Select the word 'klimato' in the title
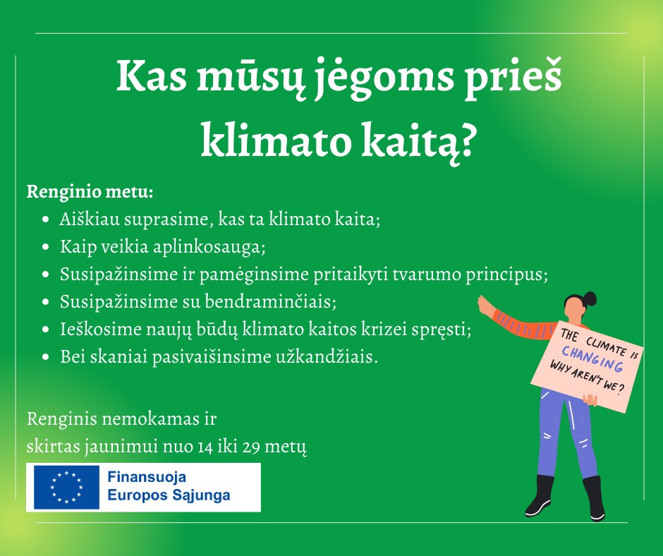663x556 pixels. (x=276, y=140)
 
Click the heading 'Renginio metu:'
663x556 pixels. (x=90, y=193)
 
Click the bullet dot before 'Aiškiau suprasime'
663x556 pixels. (x=46, y=220)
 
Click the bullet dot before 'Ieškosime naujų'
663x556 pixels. (x=46, y=330)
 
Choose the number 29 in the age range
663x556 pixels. (x=250, y=447)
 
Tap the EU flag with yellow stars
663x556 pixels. (x=66, y=488)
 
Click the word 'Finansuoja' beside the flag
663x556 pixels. (x=147, y=477)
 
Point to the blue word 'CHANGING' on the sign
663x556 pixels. (x=592, y=358)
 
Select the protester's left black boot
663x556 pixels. (x=540, y=495)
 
